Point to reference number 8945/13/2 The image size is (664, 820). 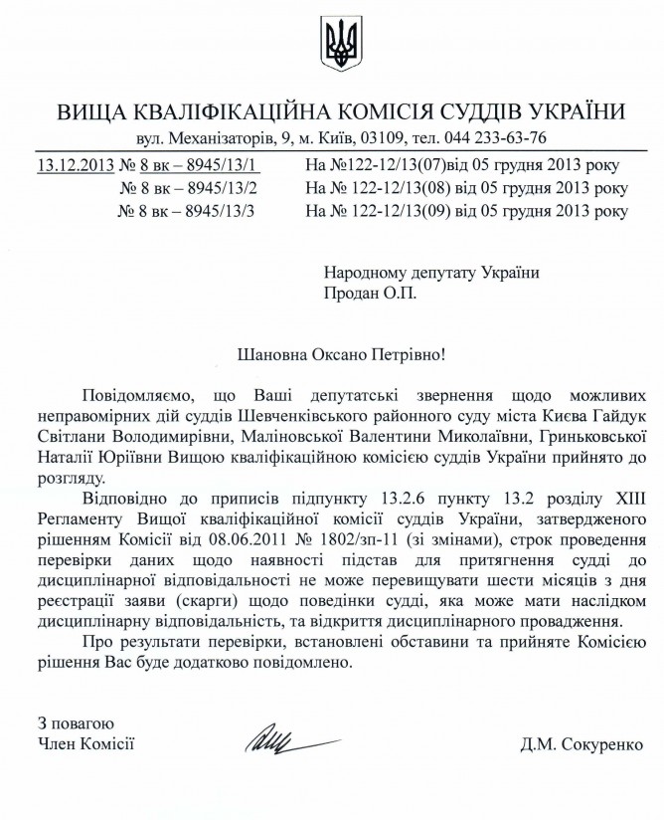(219, 187)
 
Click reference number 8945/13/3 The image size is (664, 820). (219, 211)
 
